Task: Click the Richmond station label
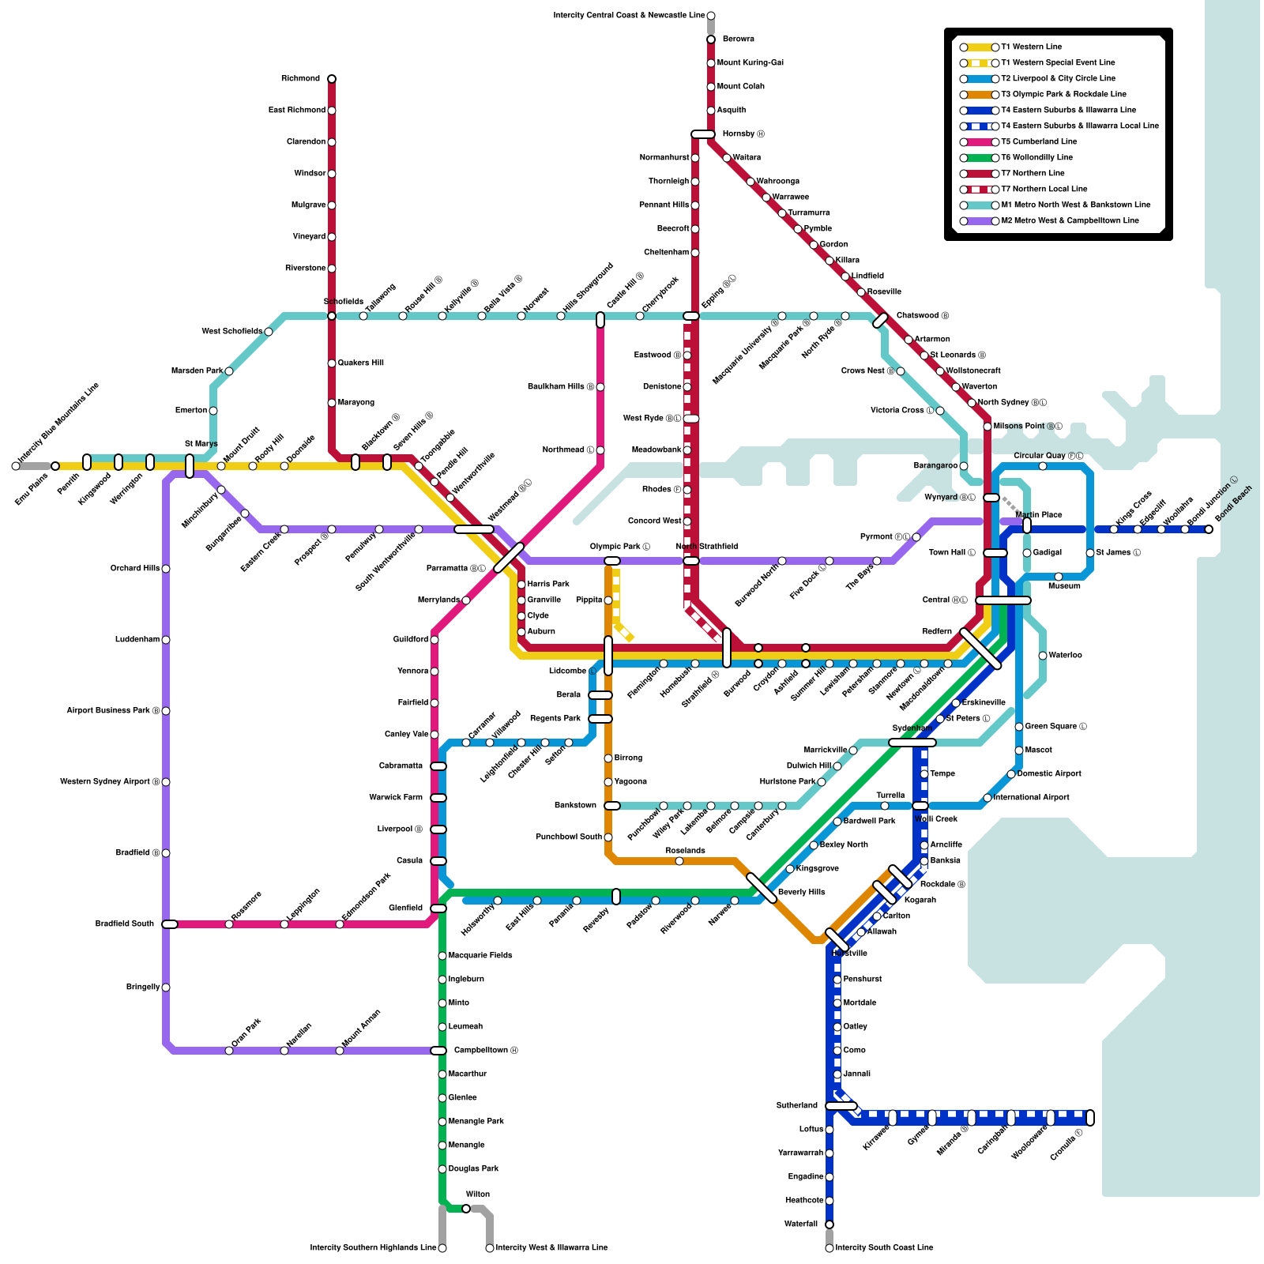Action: [300, 79]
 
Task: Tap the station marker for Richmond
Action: [332, 79]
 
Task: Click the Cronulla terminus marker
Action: [1090, 1118]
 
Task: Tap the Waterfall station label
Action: [801, 1224]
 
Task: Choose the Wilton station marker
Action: [466, 1209]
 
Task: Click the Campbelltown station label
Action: [486, 1051]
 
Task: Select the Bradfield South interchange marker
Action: [170, 924]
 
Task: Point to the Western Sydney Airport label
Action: [110, 782]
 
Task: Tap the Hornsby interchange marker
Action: [702, 134]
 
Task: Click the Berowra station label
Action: [739, 39]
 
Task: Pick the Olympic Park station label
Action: [620, 547]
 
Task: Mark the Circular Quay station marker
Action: [1043, 466]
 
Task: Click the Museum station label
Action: [1064, 586]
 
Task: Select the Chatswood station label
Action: [922, 316]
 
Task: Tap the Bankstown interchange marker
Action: [612, 806]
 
